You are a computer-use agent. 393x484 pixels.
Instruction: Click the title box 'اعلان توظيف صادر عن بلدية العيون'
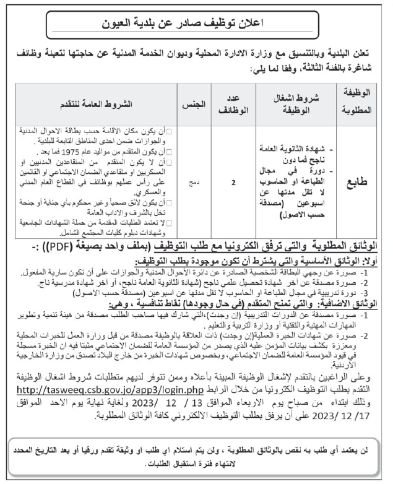pos(196,25)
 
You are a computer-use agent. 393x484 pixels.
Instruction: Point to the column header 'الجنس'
pos(191,102)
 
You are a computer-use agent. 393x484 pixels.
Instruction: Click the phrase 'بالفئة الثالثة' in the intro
pos(327,71)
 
